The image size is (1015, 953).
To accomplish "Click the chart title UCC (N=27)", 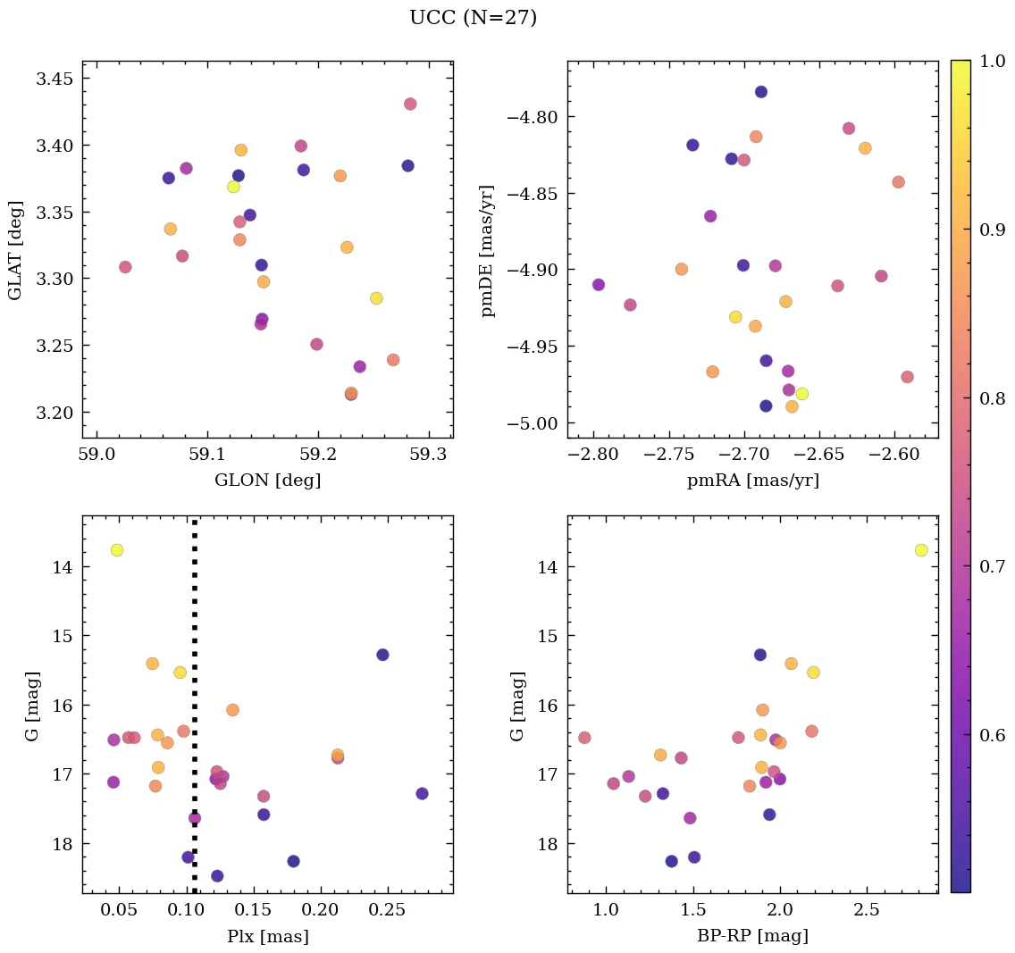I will [473, 18].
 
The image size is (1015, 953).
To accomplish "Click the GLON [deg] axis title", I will [267, 481].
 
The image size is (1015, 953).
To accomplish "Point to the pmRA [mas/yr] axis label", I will [752, 481].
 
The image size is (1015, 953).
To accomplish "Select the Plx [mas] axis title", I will [267, 937].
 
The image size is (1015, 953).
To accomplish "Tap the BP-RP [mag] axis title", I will [752, 936].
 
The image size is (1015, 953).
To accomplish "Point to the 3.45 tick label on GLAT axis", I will [55, 79].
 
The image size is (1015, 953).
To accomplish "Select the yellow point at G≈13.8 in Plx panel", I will [117, 550].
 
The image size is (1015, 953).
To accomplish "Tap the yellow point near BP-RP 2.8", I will [921, 550].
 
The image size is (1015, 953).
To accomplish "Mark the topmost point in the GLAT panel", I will [410, 104].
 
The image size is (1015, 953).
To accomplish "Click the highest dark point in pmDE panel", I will [760, 92].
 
